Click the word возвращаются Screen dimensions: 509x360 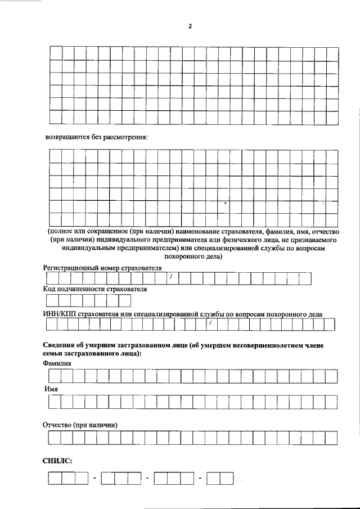click(67, 137)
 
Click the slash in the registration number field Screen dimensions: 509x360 click(170, 277)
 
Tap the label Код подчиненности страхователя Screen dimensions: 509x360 click(94, 289)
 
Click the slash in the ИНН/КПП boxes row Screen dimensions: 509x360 click(209, 323)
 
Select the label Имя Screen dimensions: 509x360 click(51, 389)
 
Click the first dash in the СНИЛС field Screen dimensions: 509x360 click(95, 478)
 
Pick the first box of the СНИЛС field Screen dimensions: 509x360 click(55, 478)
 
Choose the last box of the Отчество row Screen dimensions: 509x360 click(331, 438)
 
